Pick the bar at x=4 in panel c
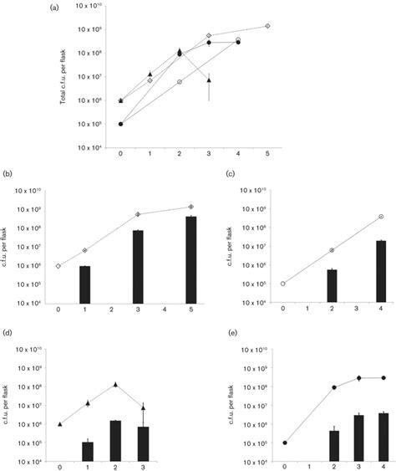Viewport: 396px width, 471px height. [x=381, y=271]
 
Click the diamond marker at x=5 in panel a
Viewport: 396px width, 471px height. [x=267, y=26]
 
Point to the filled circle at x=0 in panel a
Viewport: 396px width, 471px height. [x=121, y=124]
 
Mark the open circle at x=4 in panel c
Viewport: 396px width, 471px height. [x=381, y=217]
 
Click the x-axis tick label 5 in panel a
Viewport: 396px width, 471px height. [x=267, y=155]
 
